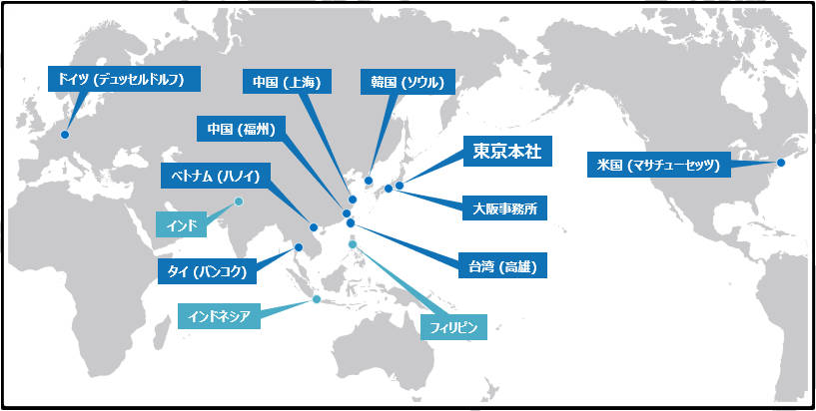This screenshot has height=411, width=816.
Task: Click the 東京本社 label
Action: coord(507,152)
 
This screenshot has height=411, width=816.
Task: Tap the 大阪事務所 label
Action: coord(504,209)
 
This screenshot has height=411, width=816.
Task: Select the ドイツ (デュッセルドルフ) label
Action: coord(124,79)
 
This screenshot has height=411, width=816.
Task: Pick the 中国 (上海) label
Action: coord(287,82)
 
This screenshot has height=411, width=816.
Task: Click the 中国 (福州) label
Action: coord(241,129)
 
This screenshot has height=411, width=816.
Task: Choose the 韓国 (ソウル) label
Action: coord(408,82)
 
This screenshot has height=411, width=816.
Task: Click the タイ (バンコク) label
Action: coord(207,271)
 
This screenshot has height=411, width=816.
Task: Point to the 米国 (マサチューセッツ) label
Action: coord(658,166)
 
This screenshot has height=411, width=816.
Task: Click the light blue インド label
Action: coord(182,226)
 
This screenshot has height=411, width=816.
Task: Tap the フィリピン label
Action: coord(453,327)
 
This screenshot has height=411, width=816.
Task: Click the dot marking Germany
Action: coord(65,135)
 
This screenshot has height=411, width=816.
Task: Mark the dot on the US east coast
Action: coord(781,163)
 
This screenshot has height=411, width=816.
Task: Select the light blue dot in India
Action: coord(239,202)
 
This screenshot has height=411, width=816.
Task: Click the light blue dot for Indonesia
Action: coord(317,298)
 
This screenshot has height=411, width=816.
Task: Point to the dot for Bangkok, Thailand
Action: coord(299,247)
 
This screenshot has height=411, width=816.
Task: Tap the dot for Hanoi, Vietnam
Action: coord(314,227)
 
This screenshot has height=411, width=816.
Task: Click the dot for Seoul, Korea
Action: coord(369,181)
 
